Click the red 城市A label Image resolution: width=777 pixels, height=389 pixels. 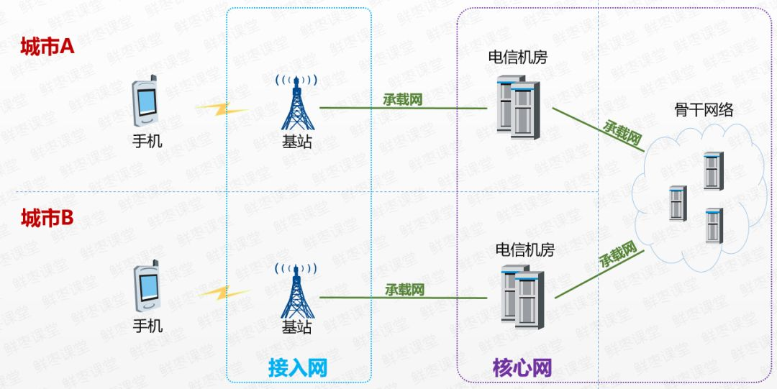click(x=47, y=47)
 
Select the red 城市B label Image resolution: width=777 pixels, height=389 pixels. click(x=47, y=218)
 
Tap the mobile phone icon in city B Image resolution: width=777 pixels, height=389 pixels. click(x=147, y=285)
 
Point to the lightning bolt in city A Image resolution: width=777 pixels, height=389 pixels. click(x=222, y=109)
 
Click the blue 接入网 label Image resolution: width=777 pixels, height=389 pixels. click(x=298, y=368)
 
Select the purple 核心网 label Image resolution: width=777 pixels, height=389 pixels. click(x=522, y=368)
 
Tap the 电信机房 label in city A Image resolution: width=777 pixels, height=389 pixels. click(x=517, y=58)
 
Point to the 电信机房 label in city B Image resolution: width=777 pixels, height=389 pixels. click(x=525, y=250)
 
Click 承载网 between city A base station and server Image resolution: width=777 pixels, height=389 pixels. click(x=402, y=100)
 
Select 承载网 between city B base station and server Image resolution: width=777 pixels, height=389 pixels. click(x=404, y=290)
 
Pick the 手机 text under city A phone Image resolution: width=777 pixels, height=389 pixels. click(x=147, y=140)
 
